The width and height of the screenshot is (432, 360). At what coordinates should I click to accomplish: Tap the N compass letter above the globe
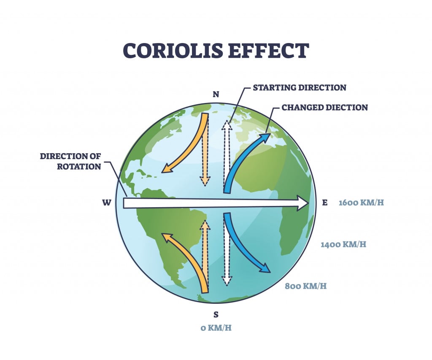[216, 95]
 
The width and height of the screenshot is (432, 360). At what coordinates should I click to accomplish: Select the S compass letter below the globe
[216, 314]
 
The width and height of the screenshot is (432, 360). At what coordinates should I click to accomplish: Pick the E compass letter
[325, 203]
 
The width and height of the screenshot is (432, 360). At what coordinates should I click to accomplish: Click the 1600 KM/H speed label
[362, 203]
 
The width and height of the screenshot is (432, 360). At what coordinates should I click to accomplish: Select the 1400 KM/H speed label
[343, 244]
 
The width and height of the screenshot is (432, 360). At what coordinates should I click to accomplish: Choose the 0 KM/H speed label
[216, 328]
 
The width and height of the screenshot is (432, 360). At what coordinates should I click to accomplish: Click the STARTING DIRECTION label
[300, 88]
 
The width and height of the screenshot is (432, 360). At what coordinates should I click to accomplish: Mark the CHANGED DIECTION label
[325, 107]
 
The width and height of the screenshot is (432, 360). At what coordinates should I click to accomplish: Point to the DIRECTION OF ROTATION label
[70, 161]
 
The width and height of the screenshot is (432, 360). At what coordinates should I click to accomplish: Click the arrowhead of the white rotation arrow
[303, 203]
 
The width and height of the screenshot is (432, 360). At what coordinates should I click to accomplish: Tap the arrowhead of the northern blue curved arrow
[265, 138]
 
